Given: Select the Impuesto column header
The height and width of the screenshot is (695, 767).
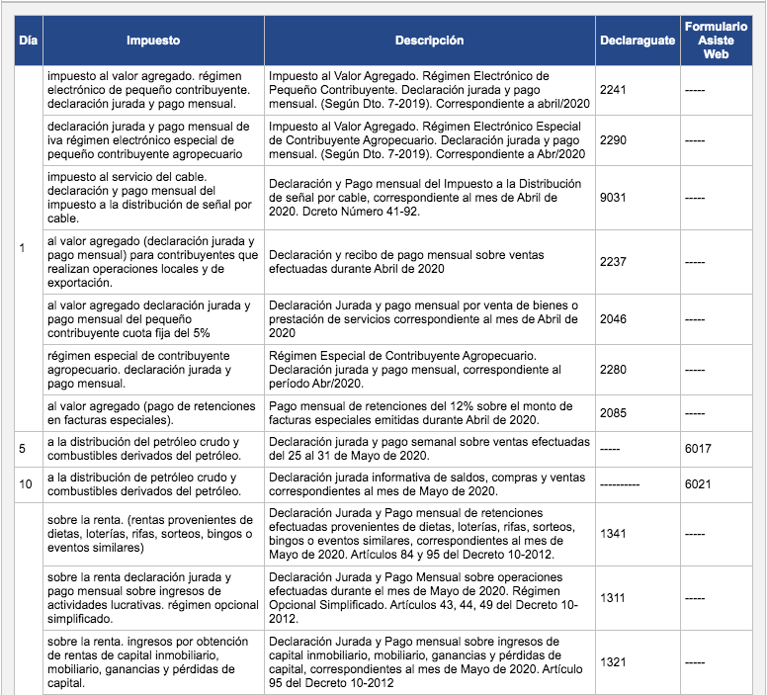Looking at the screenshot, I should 153,42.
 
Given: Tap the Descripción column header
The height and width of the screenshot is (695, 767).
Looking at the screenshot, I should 429,42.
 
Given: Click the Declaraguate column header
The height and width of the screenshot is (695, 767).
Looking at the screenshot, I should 638,42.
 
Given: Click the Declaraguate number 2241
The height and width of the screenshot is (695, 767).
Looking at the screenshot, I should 614,89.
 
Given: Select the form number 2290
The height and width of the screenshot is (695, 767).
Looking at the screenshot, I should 614,141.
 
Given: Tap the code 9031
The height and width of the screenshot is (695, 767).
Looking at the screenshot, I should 614,198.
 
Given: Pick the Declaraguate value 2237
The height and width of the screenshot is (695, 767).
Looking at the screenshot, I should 614,262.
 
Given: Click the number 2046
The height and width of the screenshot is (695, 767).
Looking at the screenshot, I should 614,320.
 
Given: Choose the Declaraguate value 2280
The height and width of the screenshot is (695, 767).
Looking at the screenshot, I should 614,370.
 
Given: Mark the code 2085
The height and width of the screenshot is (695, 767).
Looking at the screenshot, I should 614,412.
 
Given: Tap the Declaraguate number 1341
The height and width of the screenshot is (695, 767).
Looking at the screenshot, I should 614,534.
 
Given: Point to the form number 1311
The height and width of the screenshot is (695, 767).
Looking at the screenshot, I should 614,598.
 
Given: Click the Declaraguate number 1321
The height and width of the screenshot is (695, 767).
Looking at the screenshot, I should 614,661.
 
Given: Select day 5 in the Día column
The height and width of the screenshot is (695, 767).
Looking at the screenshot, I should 23,449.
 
